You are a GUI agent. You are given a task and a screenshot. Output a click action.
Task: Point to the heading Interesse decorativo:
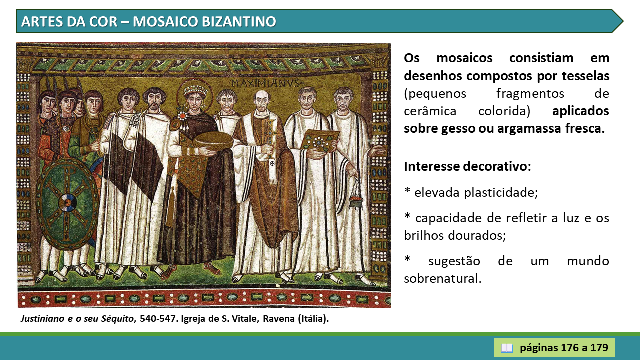[x=467, y=166]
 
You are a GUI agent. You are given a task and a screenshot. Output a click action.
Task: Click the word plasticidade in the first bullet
[x=501, y=193]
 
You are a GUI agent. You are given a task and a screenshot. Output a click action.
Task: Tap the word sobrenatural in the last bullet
[x=443, y=279]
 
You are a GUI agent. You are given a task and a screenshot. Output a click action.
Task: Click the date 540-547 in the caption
[x=157, y=319]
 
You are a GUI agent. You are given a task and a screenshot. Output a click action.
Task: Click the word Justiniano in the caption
[x=42, y=319]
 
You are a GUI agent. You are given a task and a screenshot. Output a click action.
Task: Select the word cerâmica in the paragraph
[x=430, y=111]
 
